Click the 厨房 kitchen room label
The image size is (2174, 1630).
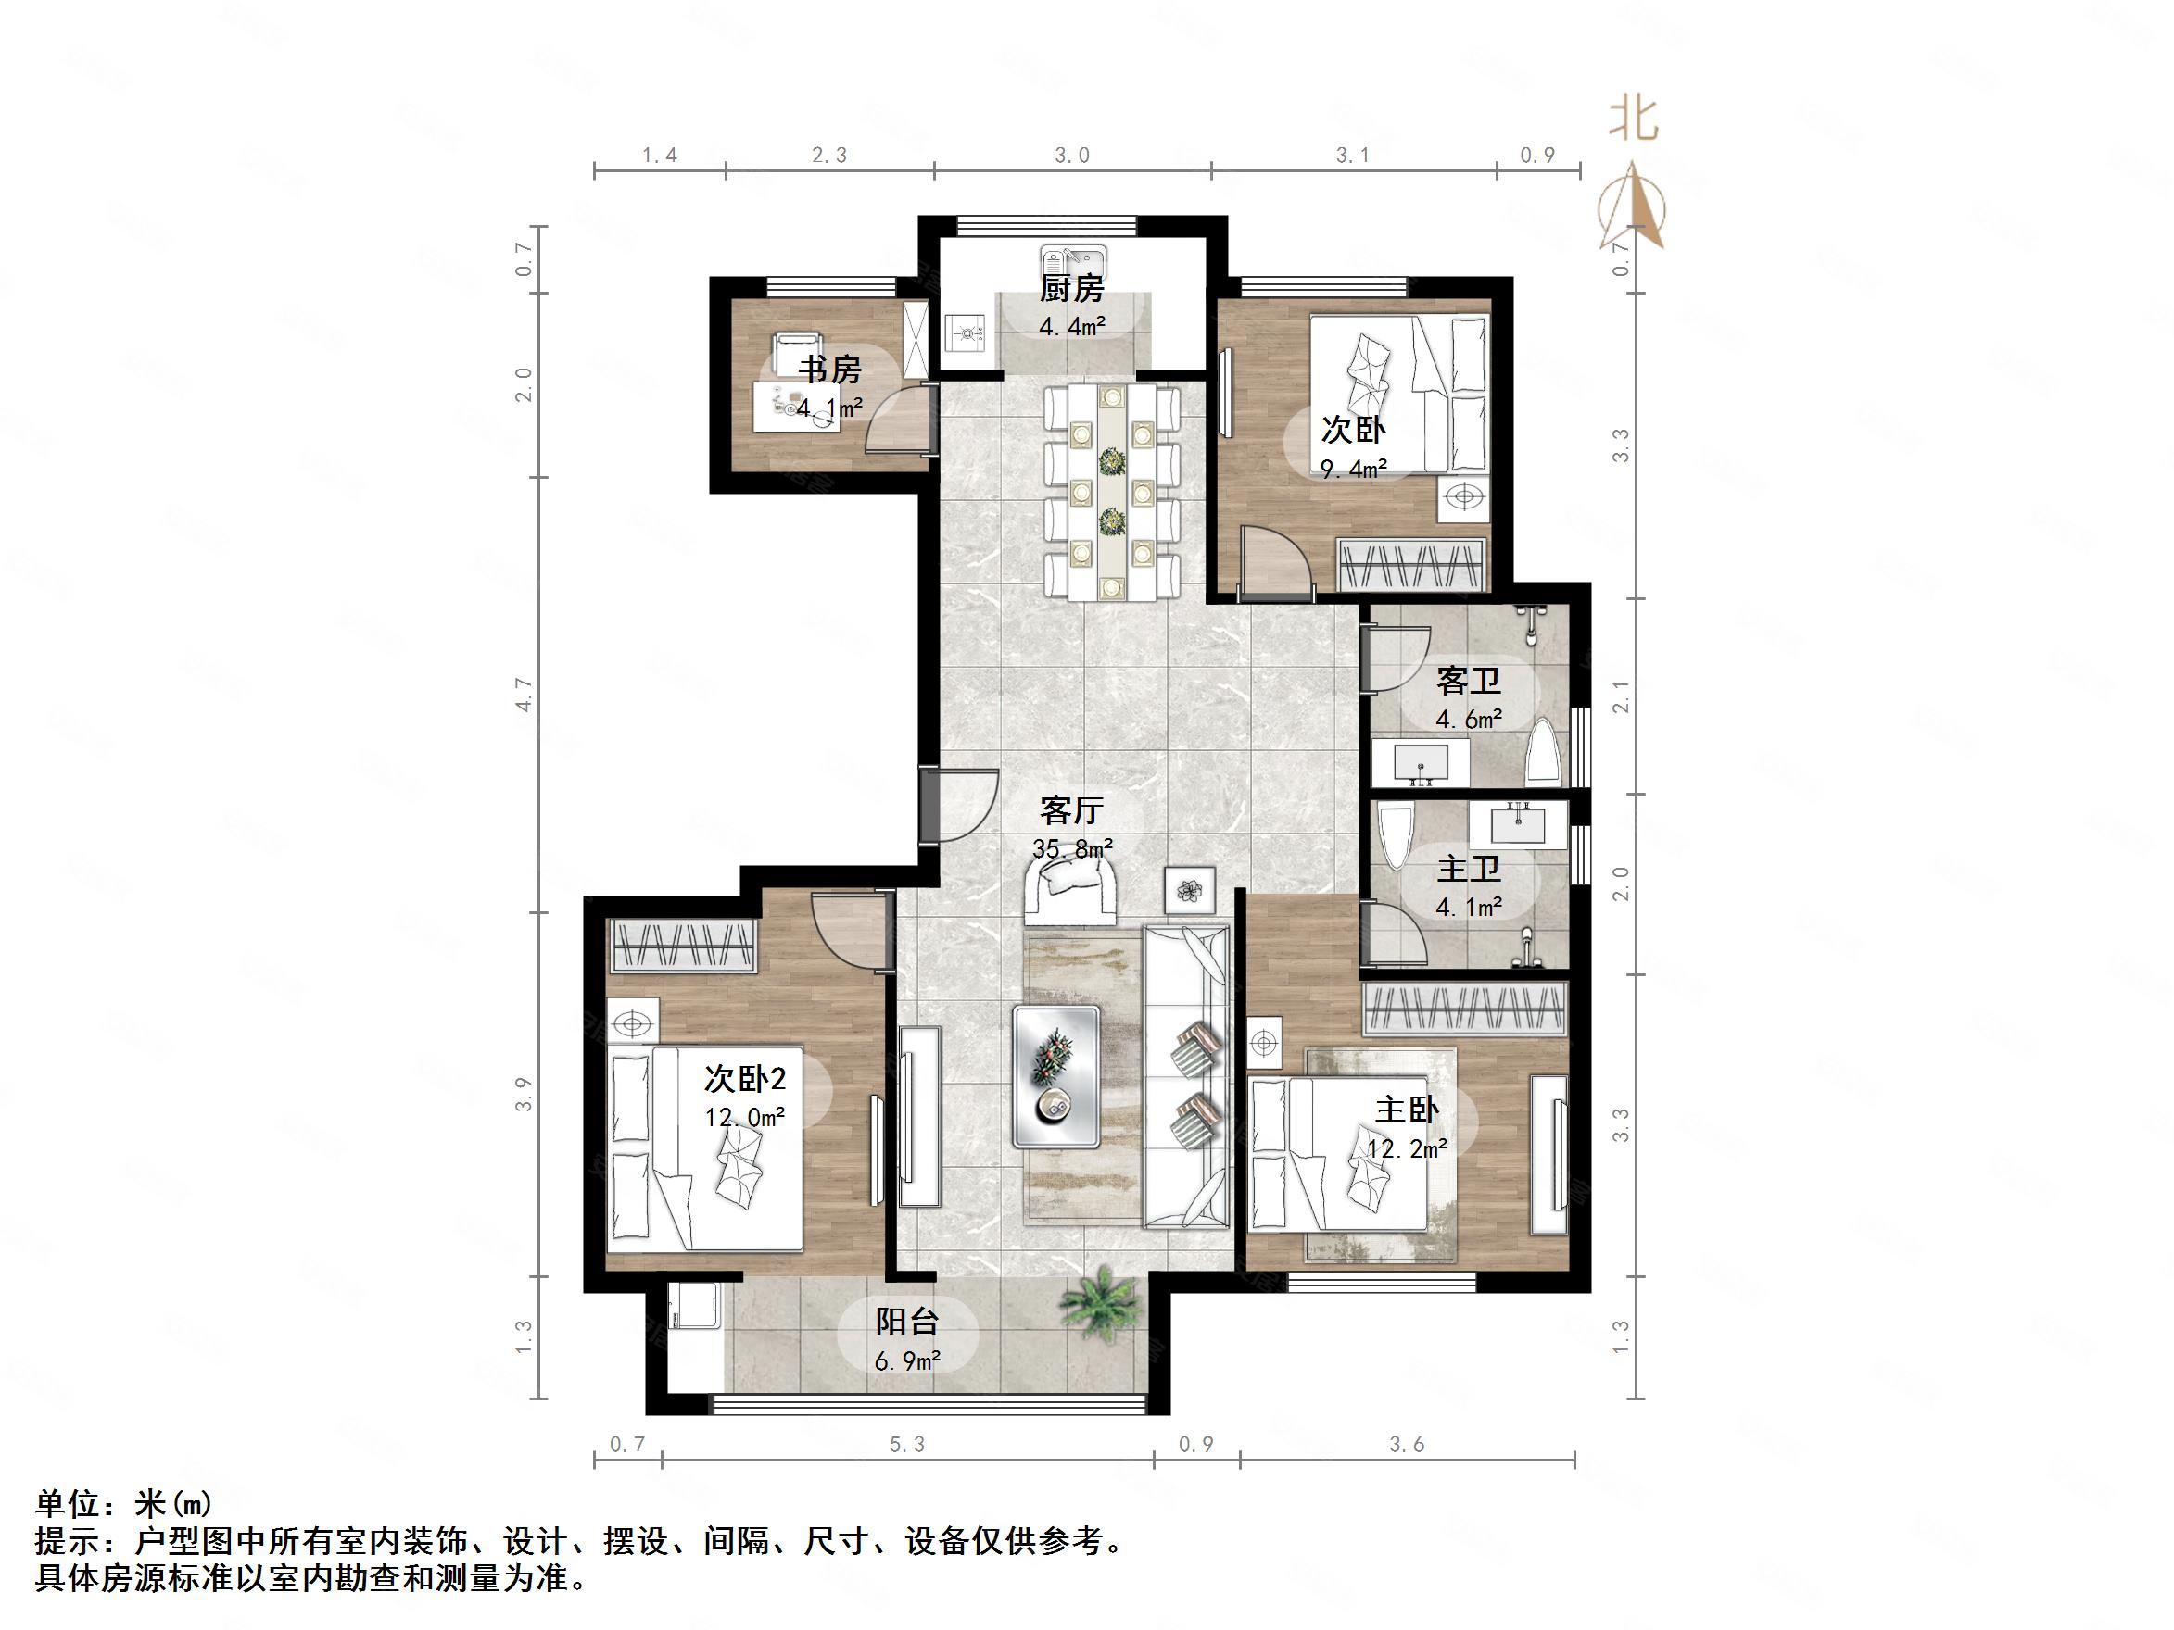1071,289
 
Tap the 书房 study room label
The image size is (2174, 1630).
829,370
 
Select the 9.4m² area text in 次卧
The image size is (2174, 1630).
1353,470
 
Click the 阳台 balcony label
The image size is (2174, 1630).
906,1322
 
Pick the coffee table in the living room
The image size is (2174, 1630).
1056,1076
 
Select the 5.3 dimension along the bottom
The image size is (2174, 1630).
906,1444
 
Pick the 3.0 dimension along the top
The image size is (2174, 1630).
1072,156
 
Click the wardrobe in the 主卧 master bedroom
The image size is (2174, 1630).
1463,1008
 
